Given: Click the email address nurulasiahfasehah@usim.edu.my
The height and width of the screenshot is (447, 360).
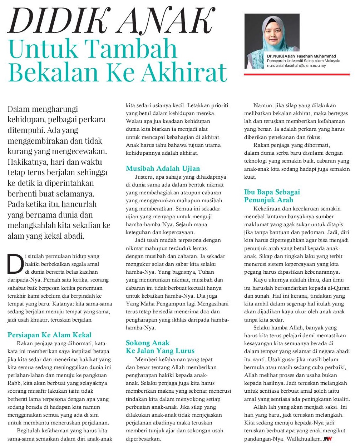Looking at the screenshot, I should coord(296,66).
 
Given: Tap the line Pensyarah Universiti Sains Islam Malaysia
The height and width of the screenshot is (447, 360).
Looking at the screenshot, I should coord(304,61).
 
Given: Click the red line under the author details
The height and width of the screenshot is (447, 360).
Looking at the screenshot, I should coord(297,74).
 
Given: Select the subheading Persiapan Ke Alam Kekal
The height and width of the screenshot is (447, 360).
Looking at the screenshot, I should coord(49,335).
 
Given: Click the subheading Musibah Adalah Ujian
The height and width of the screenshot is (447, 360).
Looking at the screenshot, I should coord(163,168).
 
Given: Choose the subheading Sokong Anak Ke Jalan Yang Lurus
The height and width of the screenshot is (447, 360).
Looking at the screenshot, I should coord(160,347).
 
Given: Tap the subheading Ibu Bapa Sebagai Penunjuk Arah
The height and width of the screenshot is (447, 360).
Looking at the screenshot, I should coord(272,196).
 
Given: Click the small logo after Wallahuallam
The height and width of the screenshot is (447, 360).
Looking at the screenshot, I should coord(328,438).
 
